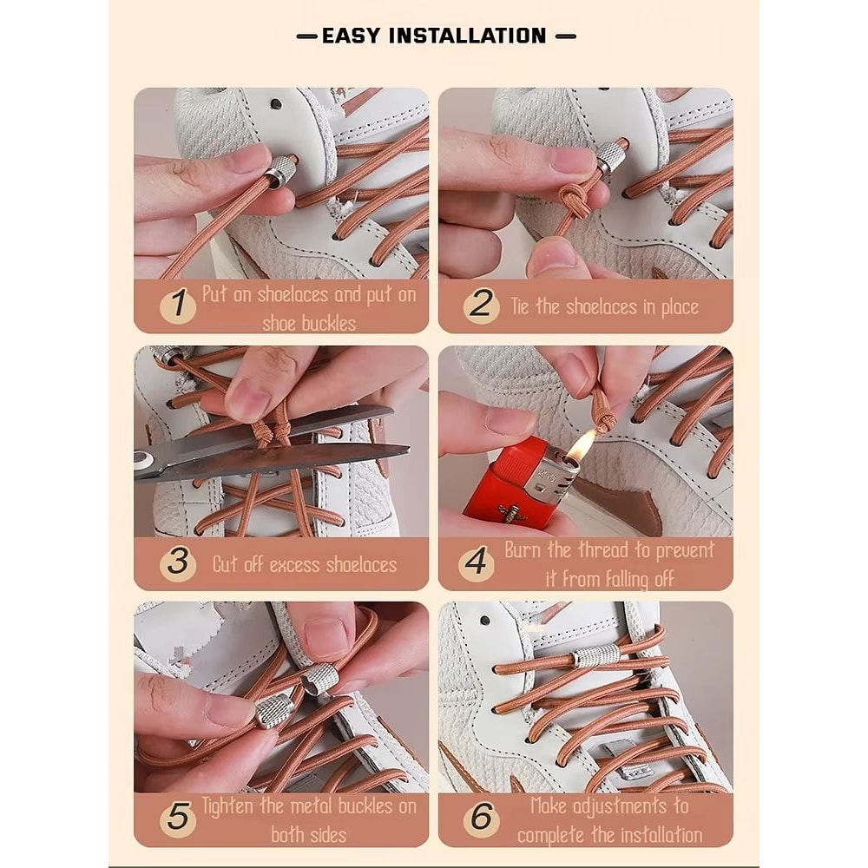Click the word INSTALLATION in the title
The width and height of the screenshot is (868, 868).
[467, 36]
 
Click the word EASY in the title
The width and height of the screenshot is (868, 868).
[352, 36]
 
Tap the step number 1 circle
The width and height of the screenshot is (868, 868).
[178, 305]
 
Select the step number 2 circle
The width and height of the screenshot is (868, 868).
[481, 305]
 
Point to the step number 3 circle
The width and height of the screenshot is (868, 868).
[178, 563]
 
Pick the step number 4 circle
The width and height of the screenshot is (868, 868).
[476, 563]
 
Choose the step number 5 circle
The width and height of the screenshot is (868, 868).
[178, 818]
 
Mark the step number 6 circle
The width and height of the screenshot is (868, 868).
[481, 818]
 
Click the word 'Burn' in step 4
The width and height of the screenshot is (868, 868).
[523, 549]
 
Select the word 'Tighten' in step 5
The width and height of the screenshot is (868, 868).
[227, 806]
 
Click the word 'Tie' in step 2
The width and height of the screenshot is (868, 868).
[520, 306]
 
